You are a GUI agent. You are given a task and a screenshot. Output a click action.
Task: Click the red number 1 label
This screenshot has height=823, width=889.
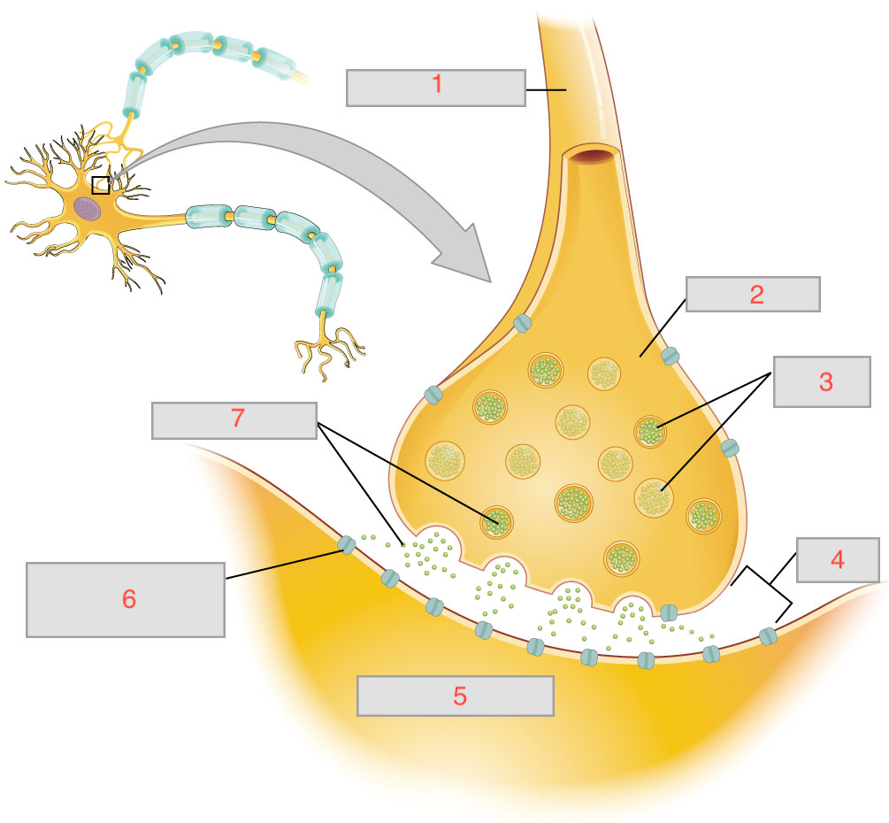tap(436, 87)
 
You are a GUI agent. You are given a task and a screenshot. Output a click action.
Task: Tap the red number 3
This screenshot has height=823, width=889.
tap(824, 381)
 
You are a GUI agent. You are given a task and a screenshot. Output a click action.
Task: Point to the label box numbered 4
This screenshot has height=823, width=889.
tap(837, 559)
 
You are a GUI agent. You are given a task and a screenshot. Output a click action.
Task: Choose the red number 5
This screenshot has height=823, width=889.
tap(459, 696)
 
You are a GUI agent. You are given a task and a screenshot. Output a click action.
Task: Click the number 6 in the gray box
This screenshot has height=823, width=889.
tap(129, 599)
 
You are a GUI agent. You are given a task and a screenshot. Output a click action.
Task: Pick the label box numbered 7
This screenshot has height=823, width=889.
tap(234, 420)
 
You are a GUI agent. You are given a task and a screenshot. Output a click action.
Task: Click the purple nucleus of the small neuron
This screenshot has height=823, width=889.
tap(88, 208)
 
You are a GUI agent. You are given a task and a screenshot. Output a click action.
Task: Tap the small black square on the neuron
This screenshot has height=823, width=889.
tap(101, 184)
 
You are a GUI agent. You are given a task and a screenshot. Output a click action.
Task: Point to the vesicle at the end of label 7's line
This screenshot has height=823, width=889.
tap(496, 521)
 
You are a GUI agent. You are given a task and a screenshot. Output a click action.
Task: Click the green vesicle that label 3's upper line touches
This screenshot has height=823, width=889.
tap(650, 431)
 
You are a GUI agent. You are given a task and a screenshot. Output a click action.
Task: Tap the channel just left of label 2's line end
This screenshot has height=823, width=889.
tap(670, 356)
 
